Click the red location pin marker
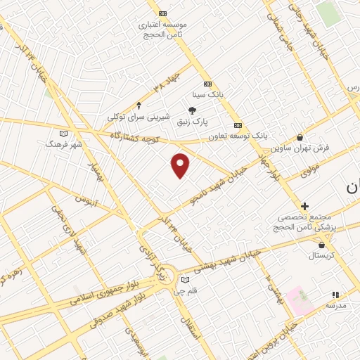tap(181, 165)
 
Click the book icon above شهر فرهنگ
tap(64, 133)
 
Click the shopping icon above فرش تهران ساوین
tap(300, 138)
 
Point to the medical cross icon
tap(304, 206)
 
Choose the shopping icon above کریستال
tap(322, 245)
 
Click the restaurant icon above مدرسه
tap(335, 295)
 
